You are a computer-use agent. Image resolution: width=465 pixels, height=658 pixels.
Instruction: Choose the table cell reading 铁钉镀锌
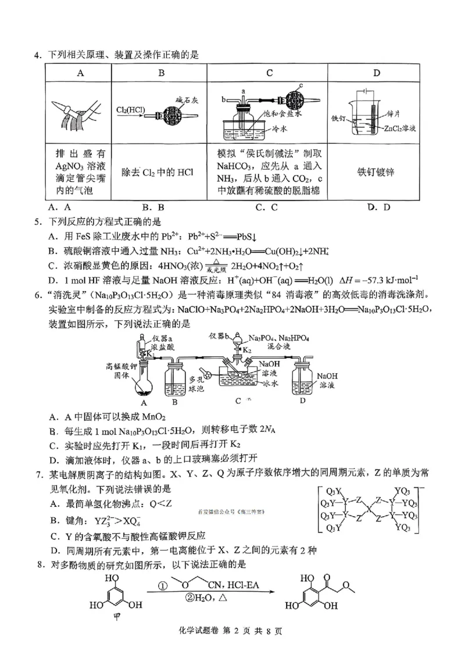click(376, 172)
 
